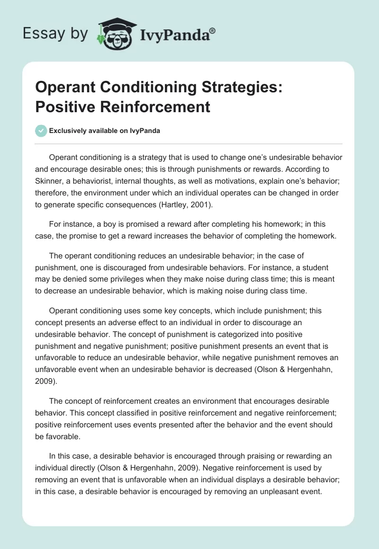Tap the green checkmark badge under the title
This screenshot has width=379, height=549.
pos(41,131)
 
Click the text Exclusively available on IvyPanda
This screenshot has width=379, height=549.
pos(105,131)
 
